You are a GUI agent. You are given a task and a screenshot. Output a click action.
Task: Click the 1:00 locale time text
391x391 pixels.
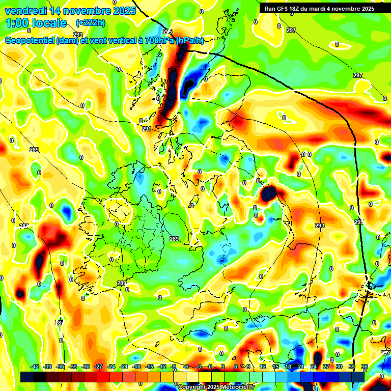[x=36, y=23]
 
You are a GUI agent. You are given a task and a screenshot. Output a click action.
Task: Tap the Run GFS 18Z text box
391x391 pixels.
[x=319, y=8]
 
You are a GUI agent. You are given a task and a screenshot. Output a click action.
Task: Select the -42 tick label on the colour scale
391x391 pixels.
[x=35, y=367]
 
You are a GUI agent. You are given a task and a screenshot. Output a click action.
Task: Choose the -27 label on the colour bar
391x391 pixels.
[x=98, y=367]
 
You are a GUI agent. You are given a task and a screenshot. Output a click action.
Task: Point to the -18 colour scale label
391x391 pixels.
[x=136, y=367]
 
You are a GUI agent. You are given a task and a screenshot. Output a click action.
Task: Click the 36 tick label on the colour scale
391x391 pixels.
[x=365, y=367]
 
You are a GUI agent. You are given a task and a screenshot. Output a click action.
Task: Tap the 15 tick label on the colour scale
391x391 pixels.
[x=275, y=367]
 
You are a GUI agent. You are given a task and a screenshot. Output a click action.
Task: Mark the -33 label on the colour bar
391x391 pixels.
[x=73, y=367]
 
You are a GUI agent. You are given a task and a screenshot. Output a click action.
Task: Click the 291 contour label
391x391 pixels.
[x=147, y=129]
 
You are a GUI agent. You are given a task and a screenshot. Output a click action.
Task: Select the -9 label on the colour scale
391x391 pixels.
[x=173, y=367]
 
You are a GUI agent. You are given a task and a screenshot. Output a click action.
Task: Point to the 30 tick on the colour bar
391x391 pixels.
[x=339, y=367]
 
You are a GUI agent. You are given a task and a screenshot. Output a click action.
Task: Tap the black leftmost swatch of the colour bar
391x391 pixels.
[x=26, y=377]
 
